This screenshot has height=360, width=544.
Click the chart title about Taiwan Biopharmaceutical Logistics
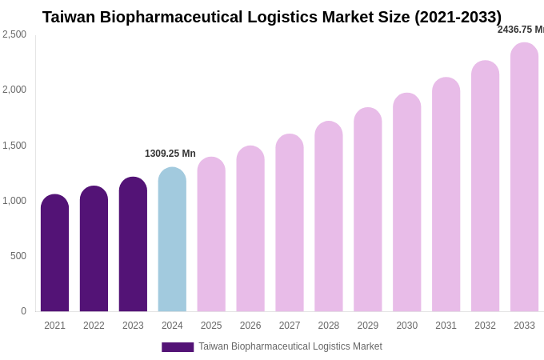pos(272,17)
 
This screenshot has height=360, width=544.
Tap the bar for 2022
pos(94,249)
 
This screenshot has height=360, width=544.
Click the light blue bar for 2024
pos(172,239)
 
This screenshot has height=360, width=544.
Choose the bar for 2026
pos(250,229)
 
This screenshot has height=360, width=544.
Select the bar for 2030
pos(406,202)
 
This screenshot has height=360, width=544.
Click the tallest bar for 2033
pos(524,177)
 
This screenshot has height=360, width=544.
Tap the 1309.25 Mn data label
pos(170,154)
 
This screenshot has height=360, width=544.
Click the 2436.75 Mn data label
pos(520,30)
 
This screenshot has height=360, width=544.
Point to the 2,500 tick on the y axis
pos(14,34)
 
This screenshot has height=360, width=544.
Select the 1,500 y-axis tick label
pos(14,146)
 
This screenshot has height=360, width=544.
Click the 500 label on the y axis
pos(18,256)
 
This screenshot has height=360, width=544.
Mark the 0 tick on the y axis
pos(23,311)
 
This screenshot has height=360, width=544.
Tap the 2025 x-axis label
pos(211,326)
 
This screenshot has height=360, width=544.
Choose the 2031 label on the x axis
pos(446,326)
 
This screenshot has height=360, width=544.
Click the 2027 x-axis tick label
pos(290,326)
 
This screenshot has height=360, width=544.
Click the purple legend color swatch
pos(178,347)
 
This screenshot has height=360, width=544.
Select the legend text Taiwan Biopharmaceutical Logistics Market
pos(290,346)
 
